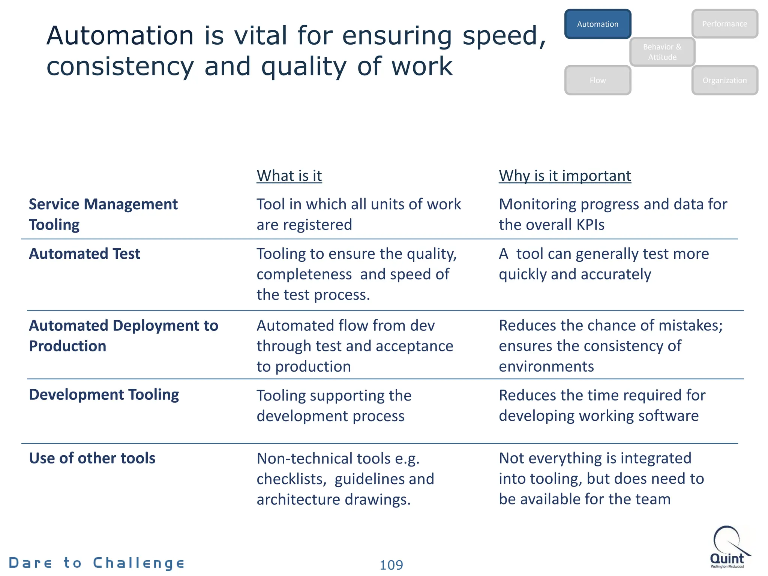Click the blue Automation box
coord(598,24)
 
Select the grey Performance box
coord(724,24)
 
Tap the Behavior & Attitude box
coord(662,52)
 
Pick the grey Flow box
coord(598,80)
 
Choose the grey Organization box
coord(724,80)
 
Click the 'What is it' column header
coord(289,175)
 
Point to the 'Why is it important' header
coord(565,175)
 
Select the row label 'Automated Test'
coord(85,254)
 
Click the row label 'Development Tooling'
coord(104,395)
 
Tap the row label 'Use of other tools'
coord(92,458)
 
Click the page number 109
coord(391,565)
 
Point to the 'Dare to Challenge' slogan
coord(97,563)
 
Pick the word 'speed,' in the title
coord(504,36)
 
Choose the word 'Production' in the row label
coord(67,346)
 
